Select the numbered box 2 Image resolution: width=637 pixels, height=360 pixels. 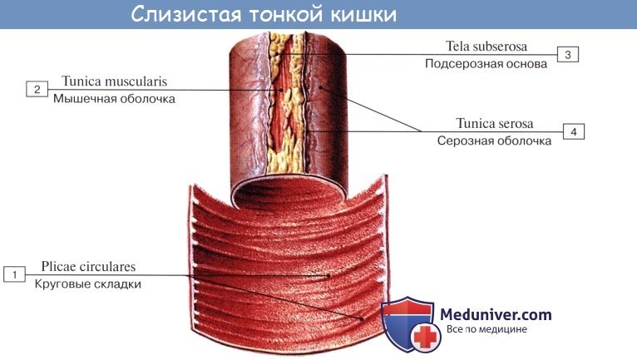37,89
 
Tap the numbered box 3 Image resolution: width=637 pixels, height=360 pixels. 567,54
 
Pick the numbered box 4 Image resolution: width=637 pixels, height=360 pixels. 574,131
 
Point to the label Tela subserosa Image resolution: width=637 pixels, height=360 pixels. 487,47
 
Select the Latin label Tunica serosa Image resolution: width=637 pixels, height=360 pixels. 494,124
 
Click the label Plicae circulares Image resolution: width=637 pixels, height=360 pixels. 87,267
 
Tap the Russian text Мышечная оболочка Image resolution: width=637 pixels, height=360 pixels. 114,99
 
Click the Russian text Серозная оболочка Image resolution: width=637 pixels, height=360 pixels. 494,141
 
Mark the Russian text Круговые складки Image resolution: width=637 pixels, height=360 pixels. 88,284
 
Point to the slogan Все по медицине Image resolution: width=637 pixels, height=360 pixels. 486,329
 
